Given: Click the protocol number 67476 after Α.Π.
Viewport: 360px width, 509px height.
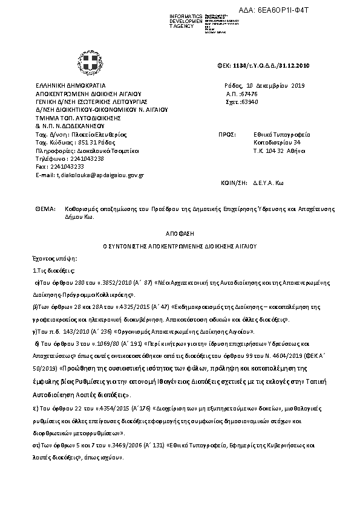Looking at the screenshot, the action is tap(249, 94).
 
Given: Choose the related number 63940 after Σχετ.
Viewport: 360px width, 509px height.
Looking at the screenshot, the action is tap(250, 102).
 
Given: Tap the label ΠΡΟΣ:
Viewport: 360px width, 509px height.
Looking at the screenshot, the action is tap(225, 136).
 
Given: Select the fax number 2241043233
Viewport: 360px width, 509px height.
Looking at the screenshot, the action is tap(67, 167).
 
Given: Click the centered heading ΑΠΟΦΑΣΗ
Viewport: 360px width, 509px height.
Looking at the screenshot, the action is tap(179, 233).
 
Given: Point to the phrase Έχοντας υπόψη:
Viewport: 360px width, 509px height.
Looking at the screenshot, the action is tap(51, 258).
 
